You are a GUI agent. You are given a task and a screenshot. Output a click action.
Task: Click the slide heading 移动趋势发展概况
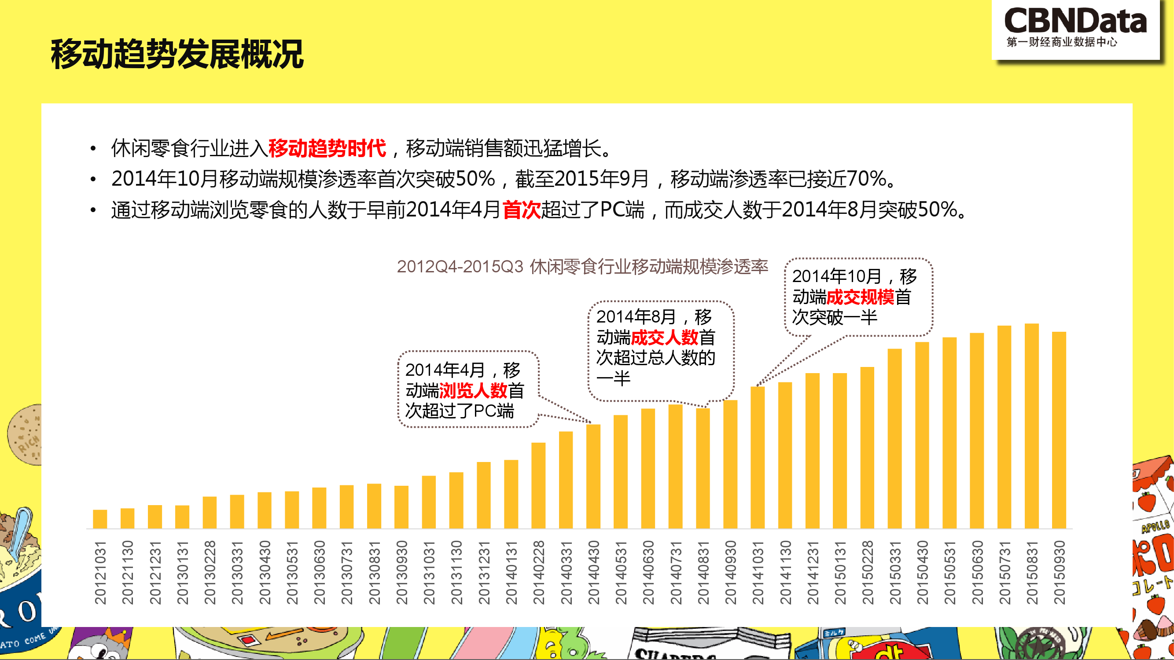click(177, 55)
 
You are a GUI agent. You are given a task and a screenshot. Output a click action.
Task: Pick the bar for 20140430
click(593, 476)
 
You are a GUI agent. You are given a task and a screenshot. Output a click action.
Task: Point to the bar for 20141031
click(758, 457)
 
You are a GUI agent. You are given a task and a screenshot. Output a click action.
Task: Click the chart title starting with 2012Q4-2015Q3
click(582, 267)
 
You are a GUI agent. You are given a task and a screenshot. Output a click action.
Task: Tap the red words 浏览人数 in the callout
click(473, 390)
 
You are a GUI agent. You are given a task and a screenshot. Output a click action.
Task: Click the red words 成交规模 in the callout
click(860, 297)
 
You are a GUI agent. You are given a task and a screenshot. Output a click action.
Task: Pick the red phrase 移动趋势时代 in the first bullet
click(327, 148)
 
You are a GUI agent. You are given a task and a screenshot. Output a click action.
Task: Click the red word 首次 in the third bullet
click(521, 210)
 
